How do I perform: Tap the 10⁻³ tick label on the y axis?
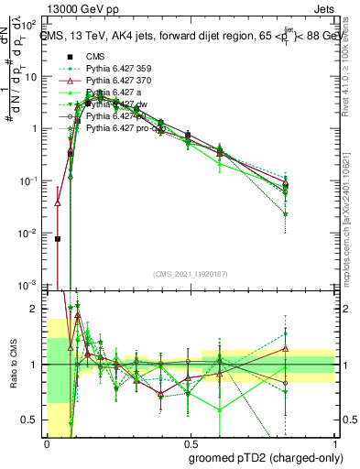[31, 286]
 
